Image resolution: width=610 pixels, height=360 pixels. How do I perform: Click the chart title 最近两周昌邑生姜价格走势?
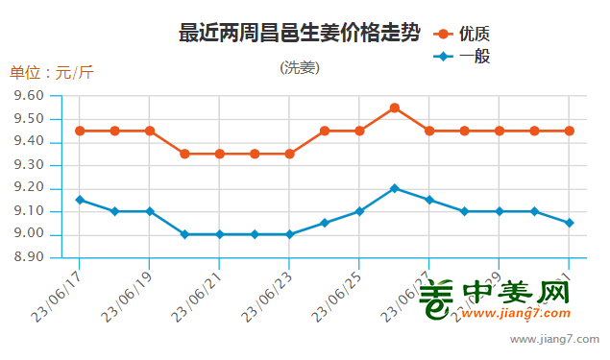[299, 34]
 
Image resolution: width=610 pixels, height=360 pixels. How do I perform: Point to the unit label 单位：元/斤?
[52, 73]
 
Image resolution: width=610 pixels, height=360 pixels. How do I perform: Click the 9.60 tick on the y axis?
[31, 96]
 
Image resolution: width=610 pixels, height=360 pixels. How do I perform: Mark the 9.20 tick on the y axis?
[31, 188]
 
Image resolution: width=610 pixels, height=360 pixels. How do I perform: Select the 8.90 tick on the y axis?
[31, 257]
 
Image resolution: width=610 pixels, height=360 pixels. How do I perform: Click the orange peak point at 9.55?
[395, 108]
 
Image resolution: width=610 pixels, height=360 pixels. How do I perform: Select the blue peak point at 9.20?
[395, 188]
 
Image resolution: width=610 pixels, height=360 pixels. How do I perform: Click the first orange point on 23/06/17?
[80, 131]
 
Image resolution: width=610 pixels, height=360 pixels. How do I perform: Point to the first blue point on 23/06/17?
[80, 200]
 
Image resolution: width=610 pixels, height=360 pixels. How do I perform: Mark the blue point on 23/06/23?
[290, 234]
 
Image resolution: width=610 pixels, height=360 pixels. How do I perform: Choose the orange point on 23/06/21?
[220, 154]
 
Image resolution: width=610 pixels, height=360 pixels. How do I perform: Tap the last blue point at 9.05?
[570, 223]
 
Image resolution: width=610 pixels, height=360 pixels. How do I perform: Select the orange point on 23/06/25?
[359, 131]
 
